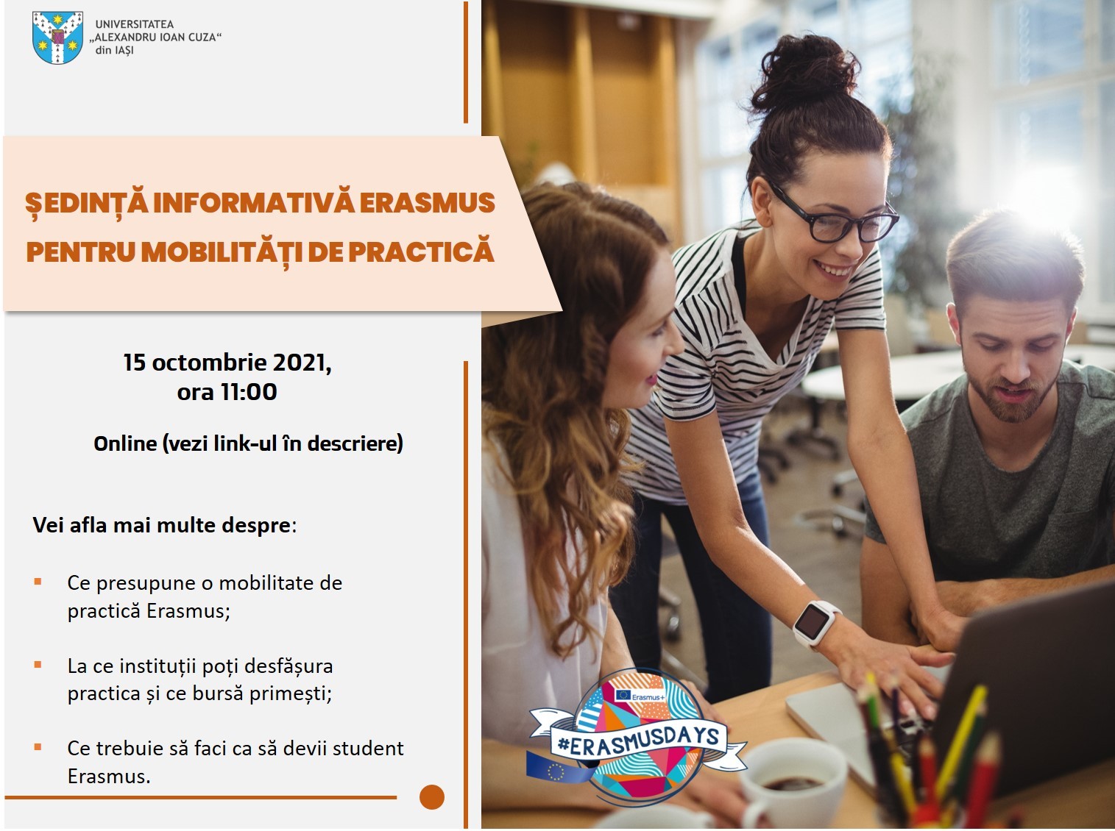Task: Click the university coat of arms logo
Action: [x=57, y=38]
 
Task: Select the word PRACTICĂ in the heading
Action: [x=421, y=251]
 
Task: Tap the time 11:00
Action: [x=249, y=392]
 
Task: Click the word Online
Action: [x=125, y=443]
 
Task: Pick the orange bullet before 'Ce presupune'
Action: [x=38, y=582]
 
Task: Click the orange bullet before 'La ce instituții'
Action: [x=38, y=665]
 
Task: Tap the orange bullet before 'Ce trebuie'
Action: [x=38, y=746]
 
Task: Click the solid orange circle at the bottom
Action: [x=432, y=796]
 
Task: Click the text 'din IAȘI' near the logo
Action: [x=114, y=50]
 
